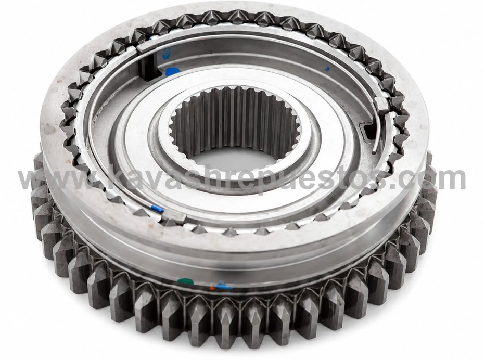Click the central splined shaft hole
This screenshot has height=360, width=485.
(235, 125)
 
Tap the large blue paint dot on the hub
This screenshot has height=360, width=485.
(172, 72)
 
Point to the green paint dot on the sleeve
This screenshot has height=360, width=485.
(185, 281)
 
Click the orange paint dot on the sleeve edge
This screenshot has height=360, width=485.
(212, 288)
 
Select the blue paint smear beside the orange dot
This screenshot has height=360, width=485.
(224, 287)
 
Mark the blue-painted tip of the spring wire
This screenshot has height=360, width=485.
(158, 209)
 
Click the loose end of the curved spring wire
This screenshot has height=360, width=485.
(374, 152)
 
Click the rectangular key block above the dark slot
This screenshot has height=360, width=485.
(145, 47)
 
